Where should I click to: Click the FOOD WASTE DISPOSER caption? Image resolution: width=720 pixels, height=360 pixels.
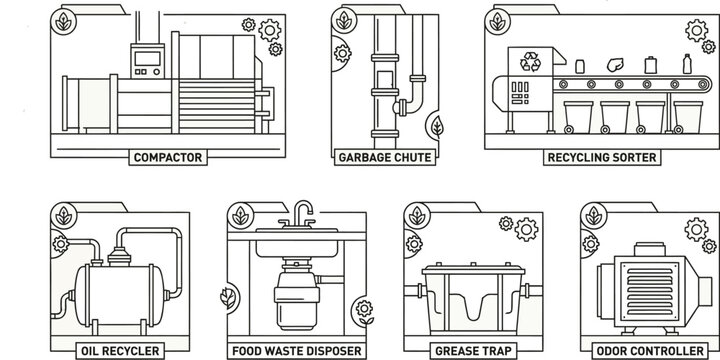[x=296, y=351]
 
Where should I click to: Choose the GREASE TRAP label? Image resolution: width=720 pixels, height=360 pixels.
[x=468, y=351]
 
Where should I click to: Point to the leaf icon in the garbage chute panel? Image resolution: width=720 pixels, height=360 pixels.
[x=437, y=125]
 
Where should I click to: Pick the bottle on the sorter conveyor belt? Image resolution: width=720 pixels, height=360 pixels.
[x=685, y=65]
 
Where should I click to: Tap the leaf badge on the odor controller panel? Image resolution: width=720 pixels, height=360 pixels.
[x=593, y=214]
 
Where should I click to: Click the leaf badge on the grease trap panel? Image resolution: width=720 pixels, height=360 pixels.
[x=413, y=214]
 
